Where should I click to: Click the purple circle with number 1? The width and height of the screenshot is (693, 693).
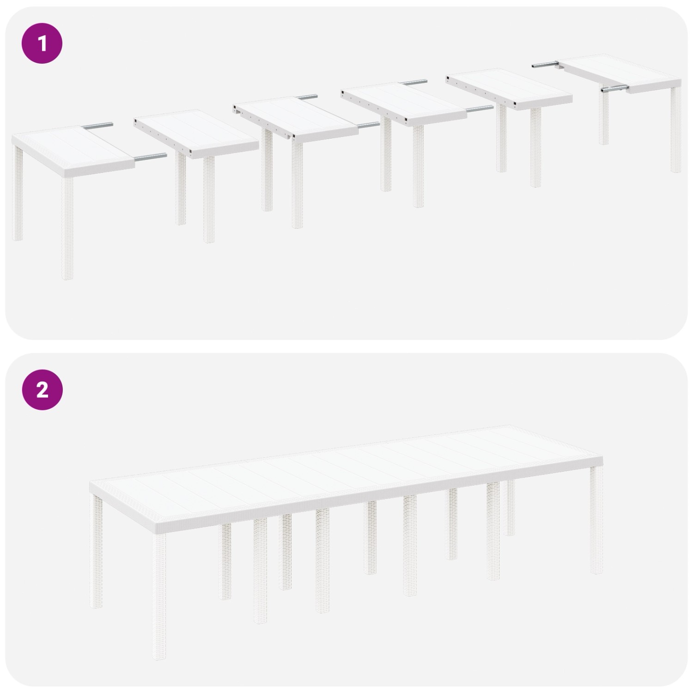click(42, 44)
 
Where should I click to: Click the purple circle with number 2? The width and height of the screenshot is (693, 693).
click(42, 390)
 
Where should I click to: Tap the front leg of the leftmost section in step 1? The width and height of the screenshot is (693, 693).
click(67, 229)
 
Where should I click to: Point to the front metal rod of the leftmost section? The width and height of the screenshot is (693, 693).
click(151, 157)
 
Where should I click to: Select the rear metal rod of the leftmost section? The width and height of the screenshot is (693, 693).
click(100, 125)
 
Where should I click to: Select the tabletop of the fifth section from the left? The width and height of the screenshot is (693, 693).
click(508, 88)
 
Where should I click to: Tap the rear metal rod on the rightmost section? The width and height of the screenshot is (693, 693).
click(545, 66)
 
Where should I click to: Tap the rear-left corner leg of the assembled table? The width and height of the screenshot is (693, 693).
click(97, 550)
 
